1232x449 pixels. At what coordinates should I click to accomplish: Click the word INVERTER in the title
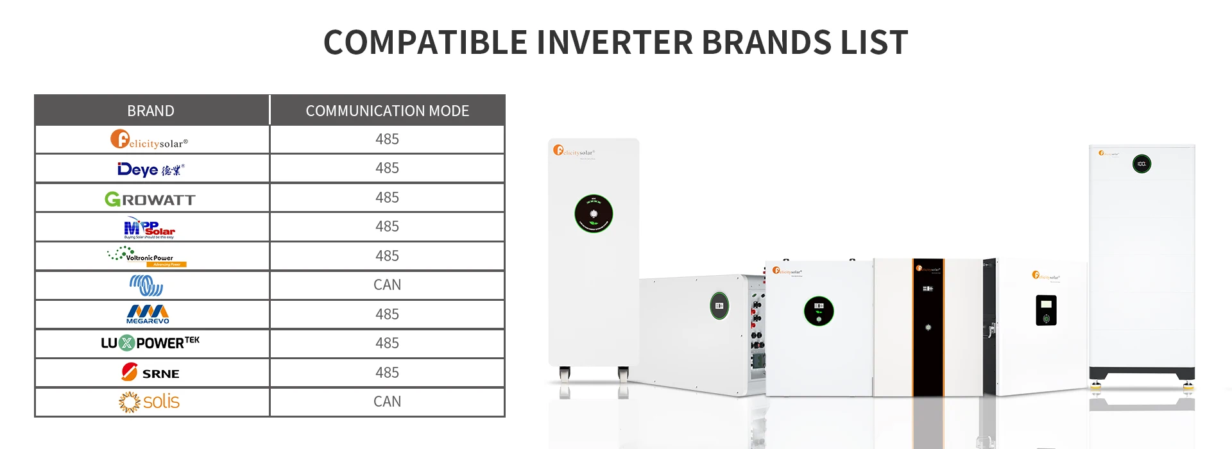(614, 42)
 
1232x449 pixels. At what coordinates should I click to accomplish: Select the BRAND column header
(151, 110)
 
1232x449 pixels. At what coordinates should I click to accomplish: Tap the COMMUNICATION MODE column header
(387, 110)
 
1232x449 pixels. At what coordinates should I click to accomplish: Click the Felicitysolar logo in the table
(149, 140)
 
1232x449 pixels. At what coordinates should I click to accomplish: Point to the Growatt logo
(150, 199)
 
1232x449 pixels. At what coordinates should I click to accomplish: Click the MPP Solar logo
(150, 228)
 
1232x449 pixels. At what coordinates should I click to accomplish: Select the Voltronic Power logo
(147, 257)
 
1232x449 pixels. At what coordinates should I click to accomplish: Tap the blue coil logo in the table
(146, 285)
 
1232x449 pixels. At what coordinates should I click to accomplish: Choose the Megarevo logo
(148, 314)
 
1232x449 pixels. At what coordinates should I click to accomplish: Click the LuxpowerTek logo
(150, 343)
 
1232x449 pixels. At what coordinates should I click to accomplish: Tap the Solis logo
(150, 402)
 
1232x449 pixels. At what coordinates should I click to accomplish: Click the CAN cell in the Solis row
(387, 402)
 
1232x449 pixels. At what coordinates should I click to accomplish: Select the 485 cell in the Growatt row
(387, 198)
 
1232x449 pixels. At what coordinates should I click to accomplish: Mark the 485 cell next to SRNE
(387, 373)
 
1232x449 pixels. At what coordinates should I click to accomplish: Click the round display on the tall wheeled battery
(594, 214)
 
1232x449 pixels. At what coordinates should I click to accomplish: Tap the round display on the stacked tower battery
(1142, 164)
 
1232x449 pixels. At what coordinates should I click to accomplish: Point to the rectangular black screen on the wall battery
(1046, 310)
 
